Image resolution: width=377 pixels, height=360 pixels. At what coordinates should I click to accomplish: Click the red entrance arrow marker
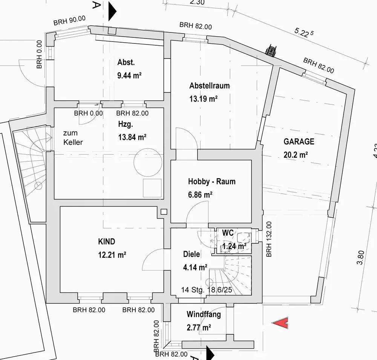280,323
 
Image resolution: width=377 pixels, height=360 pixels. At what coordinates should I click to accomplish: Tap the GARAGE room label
299,142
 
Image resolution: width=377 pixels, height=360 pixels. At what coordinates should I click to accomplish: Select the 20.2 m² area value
296,154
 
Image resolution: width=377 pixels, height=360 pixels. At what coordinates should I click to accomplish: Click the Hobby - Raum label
211,181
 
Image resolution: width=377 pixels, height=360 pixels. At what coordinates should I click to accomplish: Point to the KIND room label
107,242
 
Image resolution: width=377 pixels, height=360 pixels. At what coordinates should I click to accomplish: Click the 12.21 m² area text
112,254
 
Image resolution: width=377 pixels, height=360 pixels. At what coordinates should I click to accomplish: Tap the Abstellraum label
209,86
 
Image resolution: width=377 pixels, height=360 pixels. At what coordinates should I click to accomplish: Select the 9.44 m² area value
129,75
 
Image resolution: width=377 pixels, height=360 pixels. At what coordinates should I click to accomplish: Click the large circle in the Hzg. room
148,149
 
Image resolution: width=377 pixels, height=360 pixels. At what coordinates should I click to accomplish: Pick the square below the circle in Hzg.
152,188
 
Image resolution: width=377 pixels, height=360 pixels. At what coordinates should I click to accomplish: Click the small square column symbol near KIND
164,212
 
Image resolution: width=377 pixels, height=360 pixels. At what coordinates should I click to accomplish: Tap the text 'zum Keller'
73,137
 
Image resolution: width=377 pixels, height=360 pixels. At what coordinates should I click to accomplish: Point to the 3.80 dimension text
360,257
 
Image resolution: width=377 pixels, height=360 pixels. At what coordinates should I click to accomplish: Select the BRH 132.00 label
269,239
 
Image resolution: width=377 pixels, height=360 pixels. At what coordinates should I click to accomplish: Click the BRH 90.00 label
69,20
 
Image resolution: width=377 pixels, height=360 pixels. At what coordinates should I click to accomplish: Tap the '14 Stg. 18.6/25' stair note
207,290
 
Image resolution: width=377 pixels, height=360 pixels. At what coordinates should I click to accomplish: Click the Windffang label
204,314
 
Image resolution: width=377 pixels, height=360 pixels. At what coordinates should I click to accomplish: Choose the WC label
228,233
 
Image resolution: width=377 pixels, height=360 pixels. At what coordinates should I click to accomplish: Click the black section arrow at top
112,11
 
